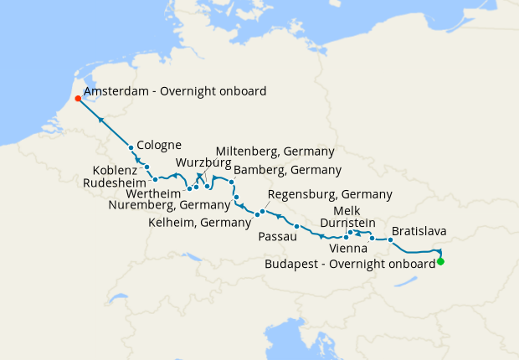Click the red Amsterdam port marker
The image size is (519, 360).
(x=78, y=98)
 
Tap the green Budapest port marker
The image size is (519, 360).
(x=440, y=262)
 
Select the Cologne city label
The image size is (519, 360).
(x=159, y=144)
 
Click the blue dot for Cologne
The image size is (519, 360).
(x=131, y=148)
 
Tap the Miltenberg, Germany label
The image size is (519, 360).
(x=275, y=152)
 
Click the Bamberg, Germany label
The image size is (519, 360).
(x=288, y=170)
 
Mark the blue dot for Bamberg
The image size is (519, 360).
(x=231, y=181)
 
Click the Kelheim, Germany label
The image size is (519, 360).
(x=199, y=223)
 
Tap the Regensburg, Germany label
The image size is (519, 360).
(x=329, y=194)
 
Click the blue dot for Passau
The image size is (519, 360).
(x=296, y=227)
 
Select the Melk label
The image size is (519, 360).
(x=347, y=210)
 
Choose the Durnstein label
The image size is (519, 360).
(x=347, y=223)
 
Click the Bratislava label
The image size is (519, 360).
(x=418, y=230)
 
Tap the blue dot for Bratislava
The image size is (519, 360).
(x=390, y=240)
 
